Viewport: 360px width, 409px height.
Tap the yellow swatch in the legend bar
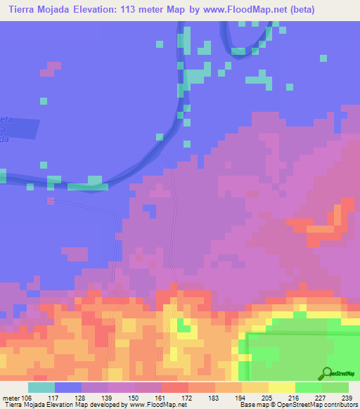point(282,387)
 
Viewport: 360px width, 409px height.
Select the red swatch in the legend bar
point(175,387)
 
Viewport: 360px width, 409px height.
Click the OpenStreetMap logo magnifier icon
point(326,373)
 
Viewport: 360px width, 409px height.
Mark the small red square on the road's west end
point(50,201)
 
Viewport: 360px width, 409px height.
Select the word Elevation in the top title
point(78,10)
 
